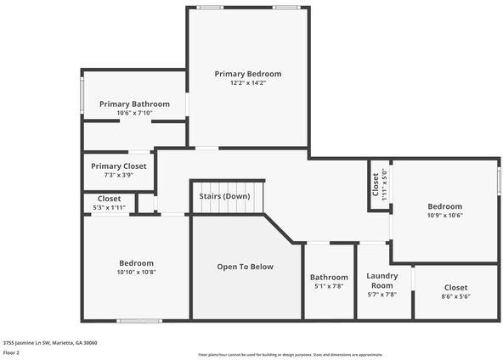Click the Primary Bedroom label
pyautogui.click(x=247, y=74)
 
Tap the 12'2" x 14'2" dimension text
pyautogui.click(x=247, y=83)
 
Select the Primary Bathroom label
pyautogui.click(x=134, y=104)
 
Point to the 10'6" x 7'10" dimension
pyautogui.click(x=134, y=113)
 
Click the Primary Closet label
pyautogui.click(x=119, y=166)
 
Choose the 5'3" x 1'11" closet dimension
pyautogui.click(x=109, y=208)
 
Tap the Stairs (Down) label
pyautogui.click(x=224, y=196)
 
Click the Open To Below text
pyautogui.click(x=245, y=267)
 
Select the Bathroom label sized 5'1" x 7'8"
pyautogui.click(x=329, y=277)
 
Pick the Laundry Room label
pyautogui.click(x=381, y=280)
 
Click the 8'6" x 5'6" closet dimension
pyautogui.click(x=455, y=296)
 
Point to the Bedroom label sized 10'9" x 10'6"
pyautogui.click(x=444, y=206)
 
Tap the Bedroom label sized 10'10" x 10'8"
pyautogui.click(x=136, y=262)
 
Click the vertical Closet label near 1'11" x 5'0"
pyautogui.click(x=376, y=183)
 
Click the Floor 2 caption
pyautogui.click(x=12, y=353)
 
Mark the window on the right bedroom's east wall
pyautogui.click(x=499, y=181)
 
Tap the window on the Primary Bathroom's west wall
pyautogui.click(x=82, y=96)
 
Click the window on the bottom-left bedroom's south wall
pyautogui.click(x=139, y=321)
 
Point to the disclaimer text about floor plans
pyautogui.click(x=302, y=353)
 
